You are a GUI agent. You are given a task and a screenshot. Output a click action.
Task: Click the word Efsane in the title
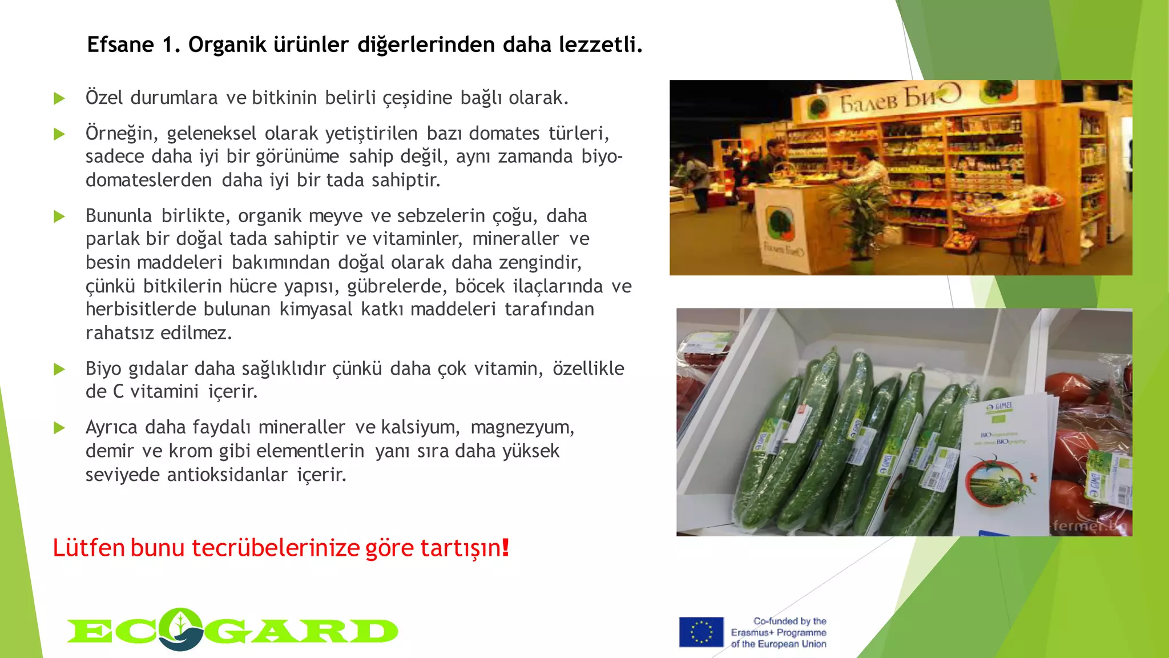(120, 45)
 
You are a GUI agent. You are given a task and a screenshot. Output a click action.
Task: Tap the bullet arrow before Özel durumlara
(59, 98)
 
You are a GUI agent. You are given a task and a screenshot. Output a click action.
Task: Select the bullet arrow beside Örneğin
(59, 134)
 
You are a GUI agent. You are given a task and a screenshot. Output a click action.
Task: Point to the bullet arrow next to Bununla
(59, 216)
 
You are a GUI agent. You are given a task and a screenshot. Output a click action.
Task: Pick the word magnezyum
(522, 427)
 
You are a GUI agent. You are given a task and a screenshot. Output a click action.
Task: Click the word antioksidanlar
(227, 475)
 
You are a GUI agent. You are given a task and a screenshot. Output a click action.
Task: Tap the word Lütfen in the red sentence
(88, 548)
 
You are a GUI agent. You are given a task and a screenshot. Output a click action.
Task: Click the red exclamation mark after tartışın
(505, 547)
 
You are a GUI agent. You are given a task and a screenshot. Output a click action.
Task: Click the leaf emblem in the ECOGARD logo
(180, 628)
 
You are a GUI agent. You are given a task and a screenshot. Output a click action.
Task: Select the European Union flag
(701, 632)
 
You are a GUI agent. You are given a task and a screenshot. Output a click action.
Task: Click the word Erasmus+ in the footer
(750, 633)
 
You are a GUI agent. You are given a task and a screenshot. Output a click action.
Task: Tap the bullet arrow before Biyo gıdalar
(59, 369)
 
